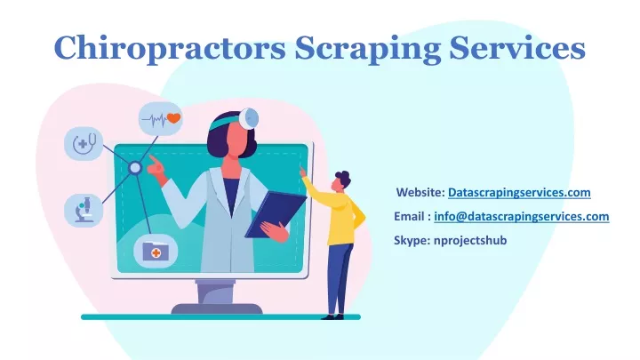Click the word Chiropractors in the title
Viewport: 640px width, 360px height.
click(170, 48)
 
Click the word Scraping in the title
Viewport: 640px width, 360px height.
click(367, 48)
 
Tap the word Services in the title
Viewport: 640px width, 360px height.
click(517, 47)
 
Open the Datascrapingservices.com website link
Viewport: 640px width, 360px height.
click(519, 192)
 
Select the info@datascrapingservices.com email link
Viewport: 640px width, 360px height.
click(521, 216)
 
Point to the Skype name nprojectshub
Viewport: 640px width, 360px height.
click(470, 240)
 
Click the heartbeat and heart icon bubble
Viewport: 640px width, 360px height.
click(160, 119)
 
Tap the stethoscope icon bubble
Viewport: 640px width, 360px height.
click(84, 143)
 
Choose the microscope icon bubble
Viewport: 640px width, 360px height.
click(84, 210)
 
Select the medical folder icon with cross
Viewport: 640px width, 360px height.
click(156, 251)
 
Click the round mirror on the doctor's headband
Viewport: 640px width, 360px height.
click(249, 118)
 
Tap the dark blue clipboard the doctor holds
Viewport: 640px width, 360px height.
click(275, 214)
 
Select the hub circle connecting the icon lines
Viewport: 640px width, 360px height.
click(135, 168)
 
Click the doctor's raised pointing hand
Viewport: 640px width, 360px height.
click(156, 166)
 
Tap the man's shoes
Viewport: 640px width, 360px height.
click(332, 316)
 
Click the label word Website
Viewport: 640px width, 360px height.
click(420, 192)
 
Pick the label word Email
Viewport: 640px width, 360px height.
click(409, 216)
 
